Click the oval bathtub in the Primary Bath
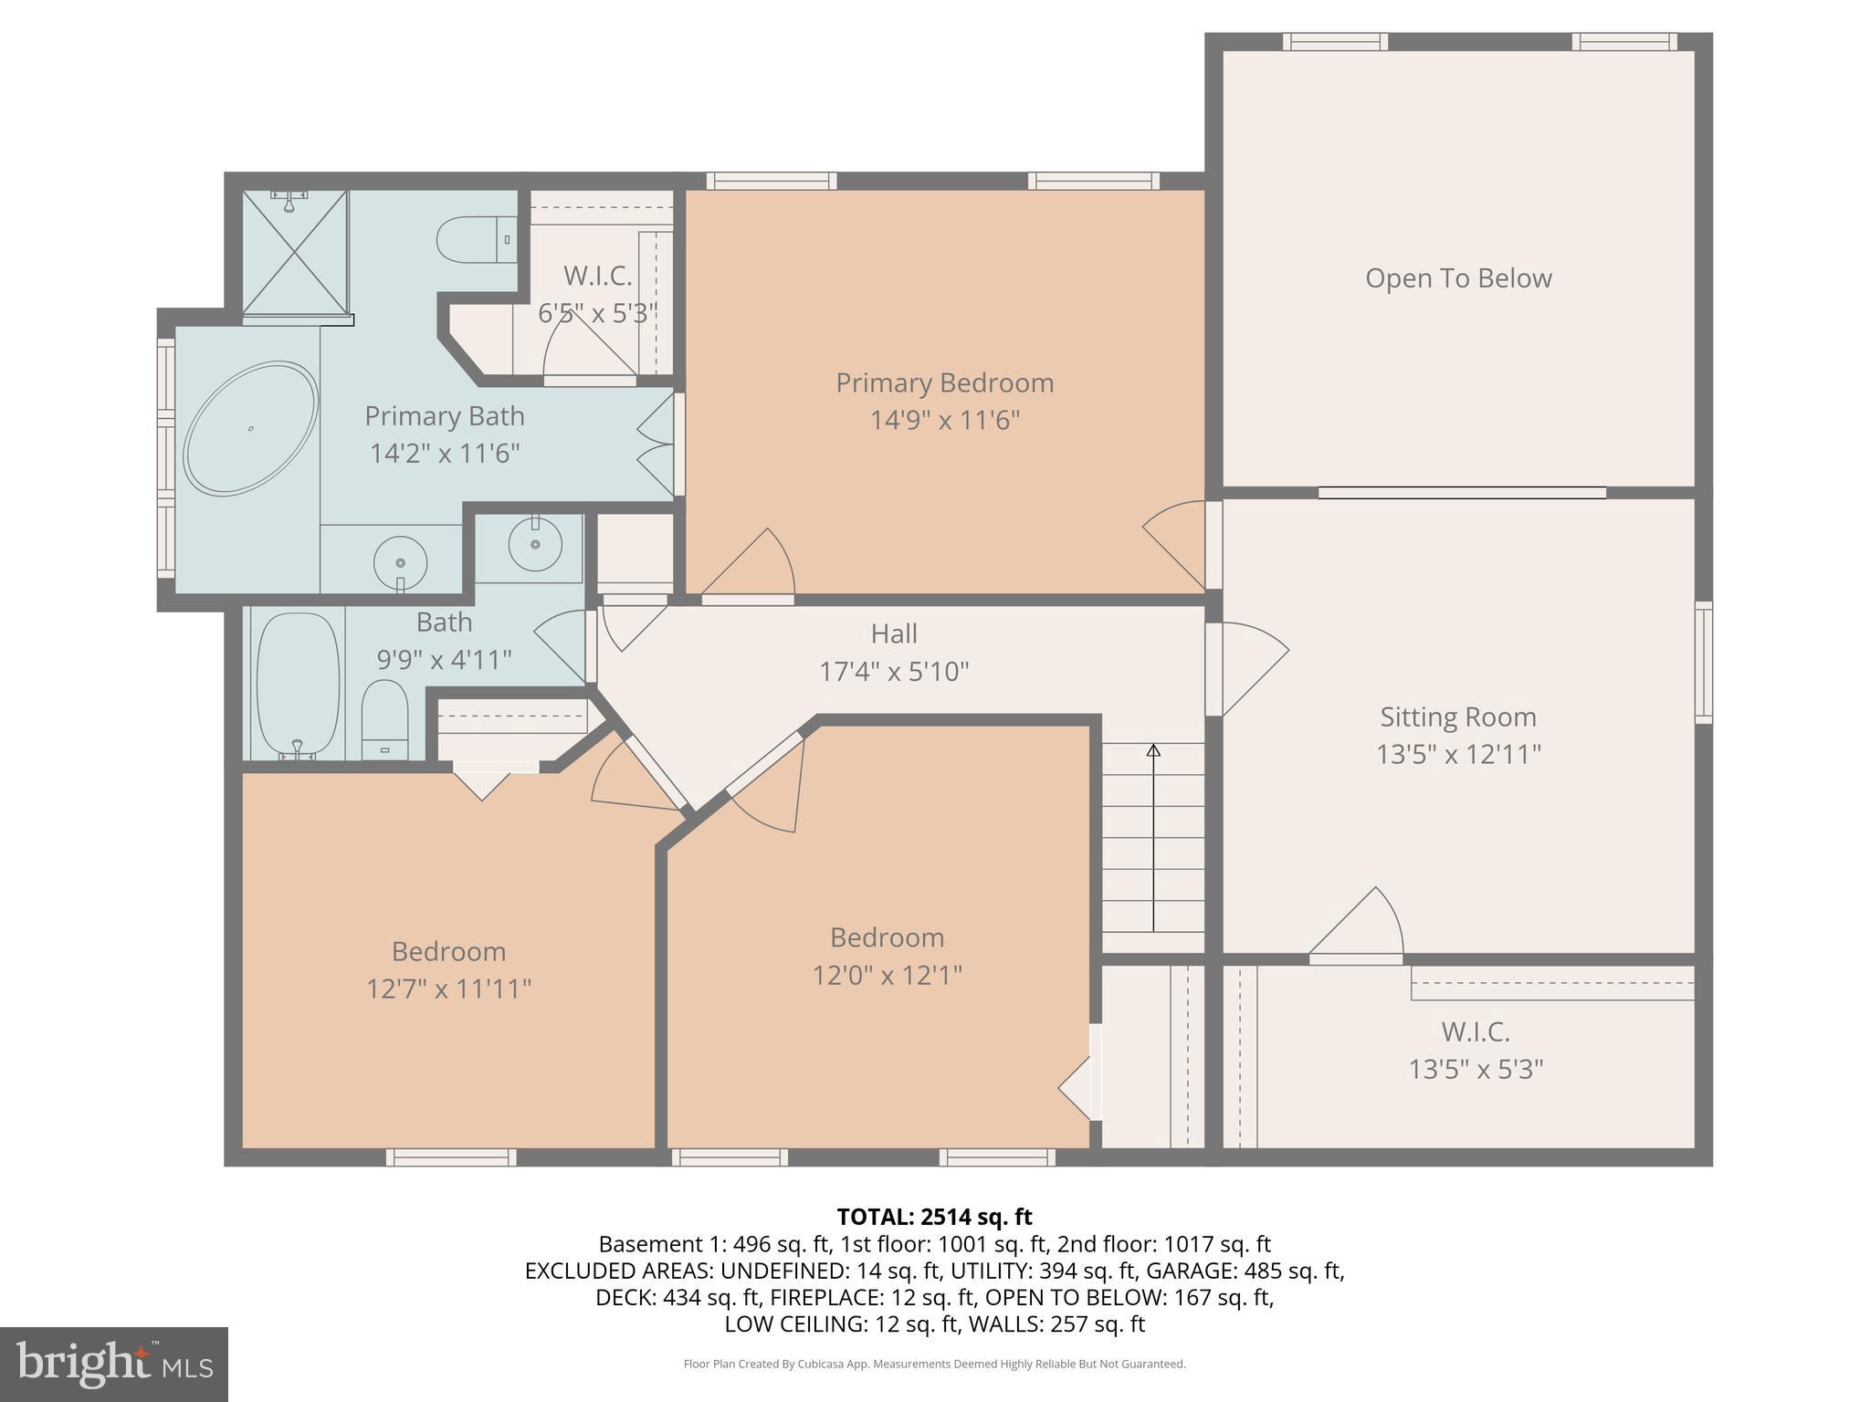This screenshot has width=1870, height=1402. [x=250, y=429]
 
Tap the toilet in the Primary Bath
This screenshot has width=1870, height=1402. [x=475, y=240]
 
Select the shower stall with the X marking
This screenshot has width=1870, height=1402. [x=294, y=253]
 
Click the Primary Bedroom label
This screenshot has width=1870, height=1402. [x=944, y=382]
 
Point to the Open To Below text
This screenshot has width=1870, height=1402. [x=1457, y=278]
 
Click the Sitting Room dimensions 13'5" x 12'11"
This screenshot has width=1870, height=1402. [x=1458, y=755]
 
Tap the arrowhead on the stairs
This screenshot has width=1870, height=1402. [x=1153, y=751]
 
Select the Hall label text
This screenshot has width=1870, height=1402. [x=893, y=633]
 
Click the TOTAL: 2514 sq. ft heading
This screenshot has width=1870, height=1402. [x=934, y=1217]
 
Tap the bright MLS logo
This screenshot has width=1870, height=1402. [x=114, y=1365]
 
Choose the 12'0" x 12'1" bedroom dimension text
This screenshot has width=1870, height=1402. [x=887, y=976]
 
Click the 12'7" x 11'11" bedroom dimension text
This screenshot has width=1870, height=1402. [x=448, y=989]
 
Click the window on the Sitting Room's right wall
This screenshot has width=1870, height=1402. [x=1703, y=663]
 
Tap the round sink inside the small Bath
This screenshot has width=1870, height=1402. [x=533, y=544]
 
